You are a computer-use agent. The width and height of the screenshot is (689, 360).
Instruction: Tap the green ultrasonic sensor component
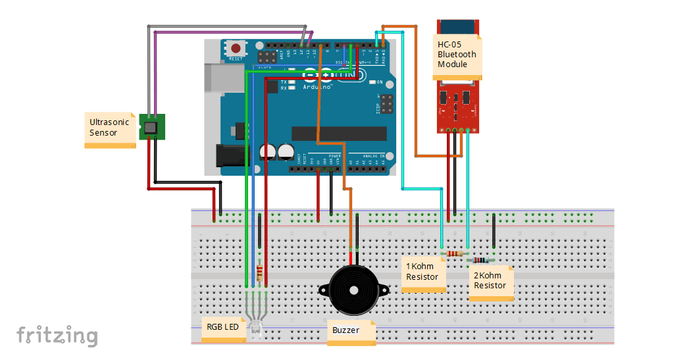pos(152,126)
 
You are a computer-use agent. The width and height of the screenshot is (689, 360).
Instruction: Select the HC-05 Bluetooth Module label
pos(457,55)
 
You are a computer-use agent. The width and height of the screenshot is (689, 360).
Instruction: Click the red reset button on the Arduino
pos(235,48)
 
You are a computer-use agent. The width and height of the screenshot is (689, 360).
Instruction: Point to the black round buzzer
pos(354,290)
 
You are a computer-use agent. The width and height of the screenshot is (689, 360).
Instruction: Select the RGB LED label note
pos(223,327)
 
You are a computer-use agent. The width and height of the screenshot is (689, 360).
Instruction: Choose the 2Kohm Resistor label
pos(491,281)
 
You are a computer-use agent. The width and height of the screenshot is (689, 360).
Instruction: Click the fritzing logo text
pos(57,336)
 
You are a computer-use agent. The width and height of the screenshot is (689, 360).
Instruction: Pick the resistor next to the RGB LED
pos(260,272)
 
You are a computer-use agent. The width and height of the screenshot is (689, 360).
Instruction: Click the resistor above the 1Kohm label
pos(453,253)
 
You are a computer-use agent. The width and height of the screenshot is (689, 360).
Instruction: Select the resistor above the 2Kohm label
pos(481,260)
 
